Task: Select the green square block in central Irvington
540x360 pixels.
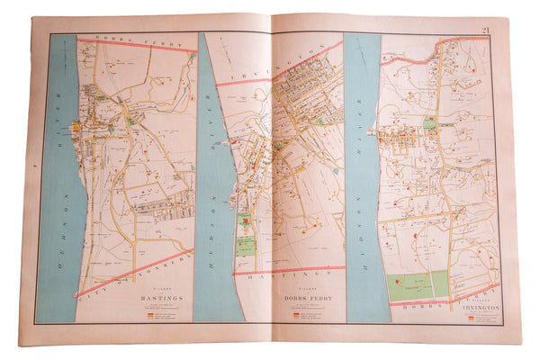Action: (430, 124)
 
